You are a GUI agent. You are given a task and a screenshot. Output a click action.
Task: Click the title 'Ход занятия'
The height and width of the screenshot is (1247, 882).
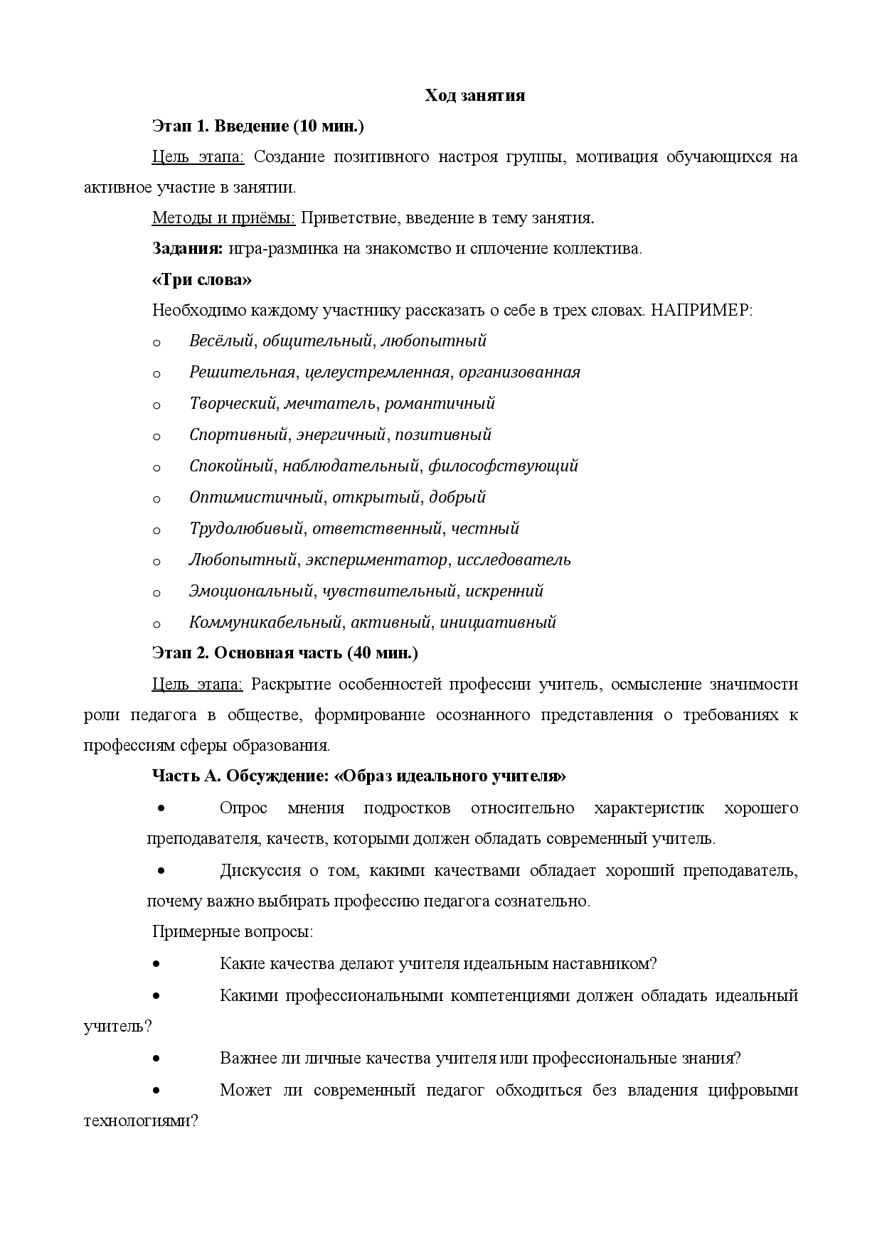[475, 96]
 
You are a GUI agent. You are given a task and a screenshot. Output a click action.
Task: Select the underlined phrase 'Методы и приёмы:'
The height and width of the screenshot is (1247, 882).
[223, 218]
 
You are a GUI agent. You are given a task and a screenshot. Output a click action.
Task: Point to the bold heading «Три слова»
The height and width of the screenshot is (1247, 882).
[202, 280]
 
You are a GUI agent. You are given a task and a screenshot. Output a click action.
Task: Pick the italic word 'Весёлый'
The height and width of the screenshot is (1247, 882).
[221, 341]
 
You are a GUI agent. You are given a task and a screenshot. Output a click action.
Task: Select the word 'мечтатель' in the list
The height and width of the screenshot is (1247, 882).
[329, 403]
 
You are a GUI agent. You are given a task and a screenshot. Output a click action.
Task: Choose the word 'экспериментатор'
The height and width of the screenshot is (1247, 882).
[377, 560]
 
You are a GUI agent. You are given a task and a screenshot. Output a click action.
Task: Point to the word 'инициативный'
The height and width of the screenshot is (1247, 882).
[498, 622]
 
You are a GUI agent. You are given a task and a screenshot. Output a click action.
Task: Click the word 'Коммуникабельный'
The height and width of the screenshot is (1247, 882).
[265, 622]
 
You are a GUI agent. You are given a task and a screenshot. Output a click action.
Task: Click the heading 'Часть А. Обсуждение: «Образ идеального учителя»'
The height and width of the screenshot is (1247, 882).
[359, 776]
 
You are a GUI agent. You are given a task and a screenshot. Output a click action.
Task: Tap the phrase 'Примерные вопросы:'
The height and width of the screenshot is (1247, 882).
[233, 932]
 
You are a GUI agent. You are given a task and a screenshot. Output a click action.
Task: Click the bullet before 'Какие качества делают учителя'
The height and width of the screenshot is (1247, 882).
[156, 963]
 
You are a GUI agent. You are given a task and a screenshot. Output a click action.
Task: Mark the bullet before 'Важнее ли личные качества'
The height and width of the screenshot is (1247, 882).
[156, 1057]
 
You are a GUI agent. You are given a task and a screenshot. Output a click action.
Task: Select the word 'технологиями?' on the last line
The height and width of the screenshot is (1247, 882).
[141, 1121]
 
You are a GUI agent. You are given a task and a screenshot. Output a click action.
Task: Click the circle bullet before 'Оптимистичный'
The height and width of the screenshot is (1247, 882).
[156, 498]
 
